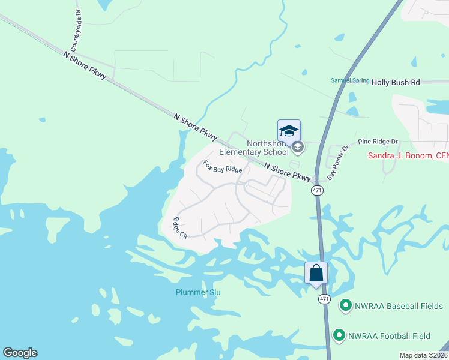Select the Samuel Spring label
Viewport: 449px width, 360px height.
350,80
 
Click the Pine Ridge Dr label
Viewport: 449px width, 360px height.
378,142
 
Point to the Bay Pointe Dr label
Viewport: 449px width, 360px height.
337,163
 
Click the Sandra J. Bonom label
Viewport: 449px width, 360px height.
408,156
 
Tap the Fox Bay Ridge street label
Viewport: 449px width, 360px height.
222,166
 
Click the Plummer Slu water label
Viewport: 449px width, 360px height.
198,292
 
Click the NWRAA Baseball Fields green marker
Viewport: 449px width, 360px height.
345,306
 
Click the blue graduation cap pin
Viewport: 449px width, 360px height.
289,131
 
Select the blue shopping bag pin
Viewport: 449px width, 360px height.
316,274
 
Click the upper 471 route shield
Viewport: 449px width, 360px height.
318,190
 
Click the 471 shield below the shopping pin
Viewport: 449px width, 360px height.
324,298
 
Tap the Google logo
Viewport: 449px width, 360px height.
20,353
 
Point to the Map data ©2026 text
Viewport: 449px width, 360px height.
423,355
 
